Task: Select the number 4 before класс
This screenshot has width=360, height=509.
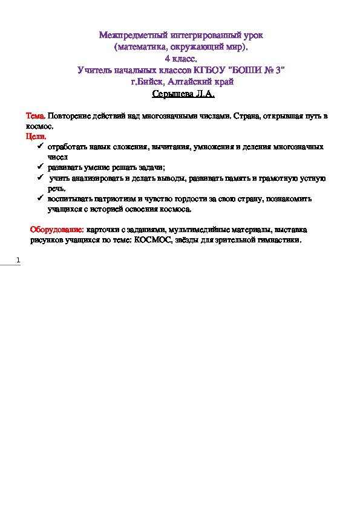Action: click(x=167, y=59)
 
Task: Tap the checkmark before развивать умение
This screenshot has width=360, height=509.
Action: click(x=40, y=167)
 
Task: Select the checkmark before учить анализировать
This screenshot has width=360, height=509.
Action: click(x=40, y=178)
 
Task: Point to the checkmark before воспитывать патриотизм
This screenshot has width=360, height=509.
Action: click(x=40, y=199)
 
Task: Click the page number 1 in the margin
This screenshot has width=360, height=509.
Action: click(x=18, y=261)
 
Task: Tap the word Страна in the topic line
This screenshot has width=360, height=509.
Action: click(x=249, y=115)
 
